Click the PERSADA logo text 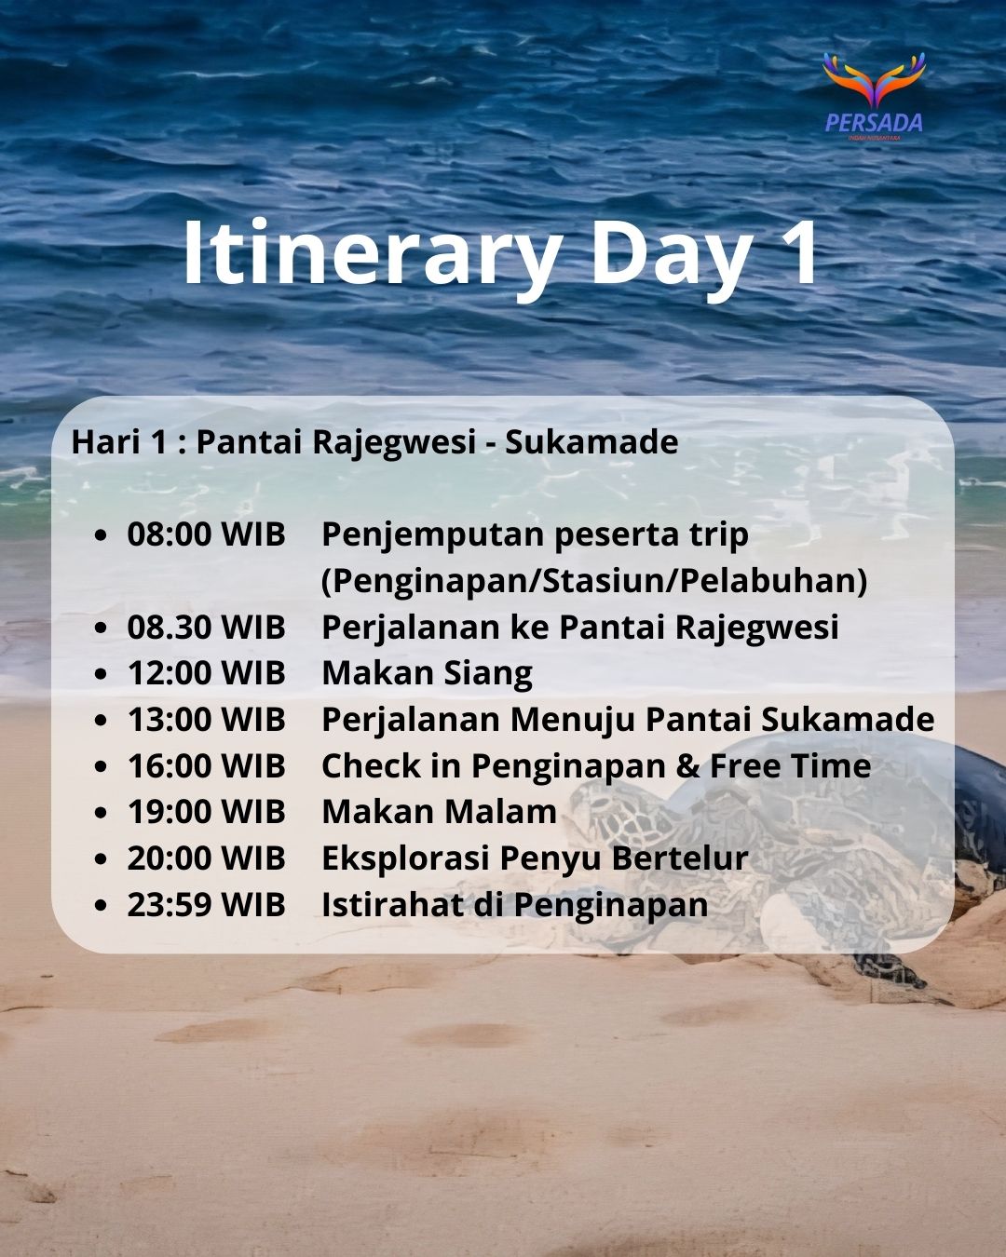tap(874, 123)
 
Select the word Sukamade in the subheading tap(591, 441)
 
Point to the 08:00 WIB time tap(207, 534)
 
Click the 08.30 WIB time tap(207, 627)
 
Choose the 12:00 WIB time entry tap(207, 673)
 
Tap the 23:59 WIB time tap(207, 904)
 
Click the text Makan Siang tap(428, 674)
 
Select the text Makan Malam tap(439, 812)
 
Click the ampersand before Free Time tap(687, 765)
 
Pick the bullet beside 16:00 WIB tap(102, 766)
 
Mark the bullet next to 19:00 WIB tap(102, 813)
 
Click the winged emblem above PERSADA tap(874, 79)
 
